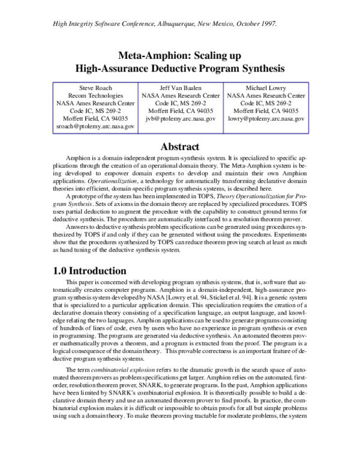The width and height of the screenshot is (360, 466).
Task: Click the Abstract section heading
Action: click(180, 147)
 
